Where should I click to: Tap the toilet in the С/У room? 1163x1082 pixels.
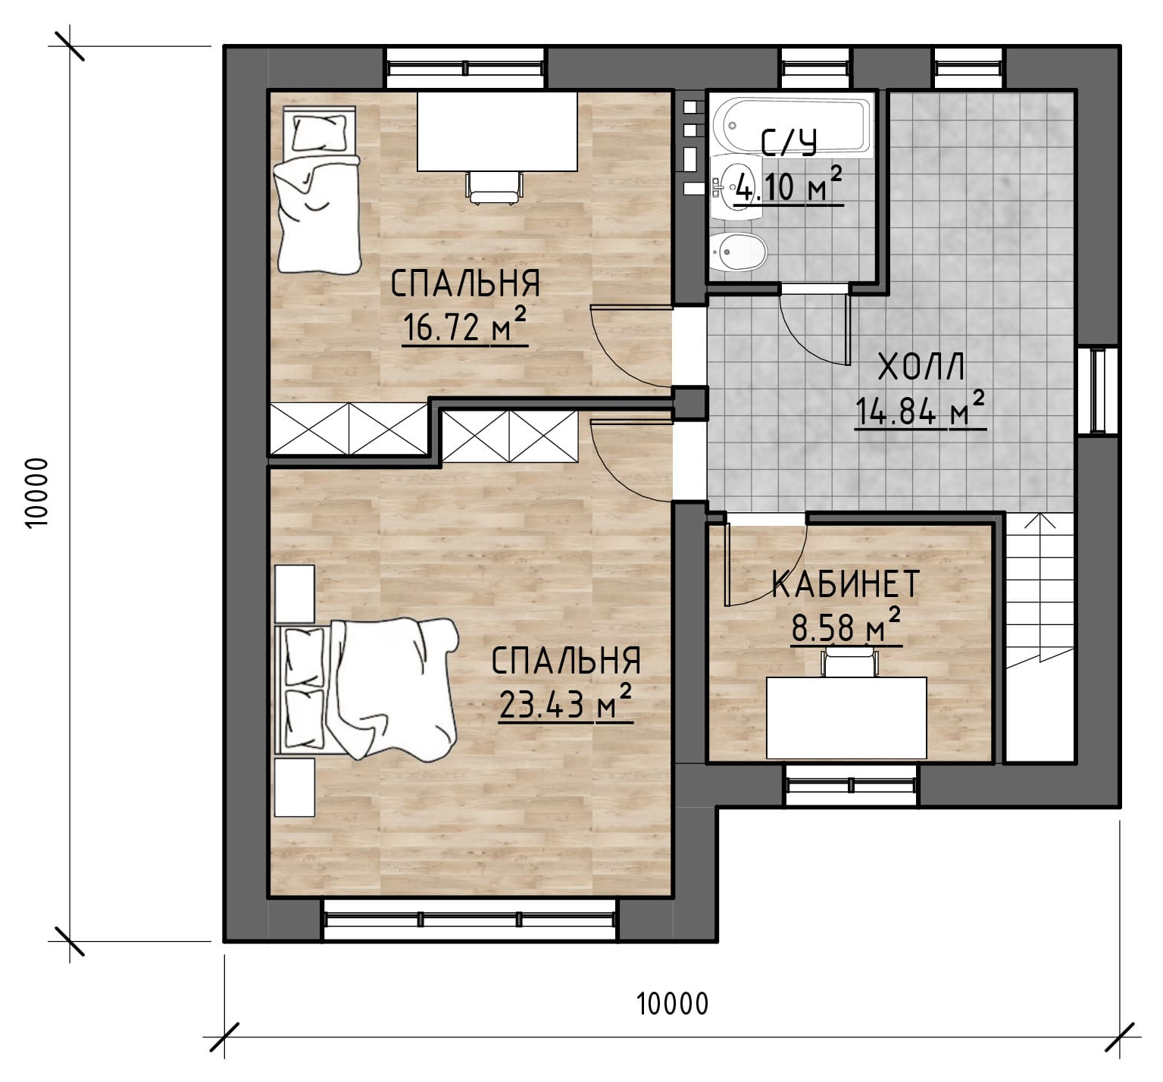click(738, 251)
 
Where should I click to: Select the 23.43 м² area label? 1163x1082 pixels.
click(565, 704)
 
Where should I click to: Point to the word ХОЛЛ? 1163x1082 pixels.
click(921, 367)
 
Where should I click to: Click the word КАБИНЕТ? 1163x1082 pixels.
click(846, 584)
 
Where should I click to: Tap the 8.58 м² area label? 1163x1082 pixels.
click(846, 627)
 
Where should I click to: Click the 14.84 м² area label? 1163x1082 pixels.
click(921, 410)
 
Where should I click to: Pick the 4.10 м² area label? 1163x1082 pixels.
click(788, 186)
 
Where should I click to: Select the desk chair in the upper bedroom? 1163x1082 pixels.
click(495, 187)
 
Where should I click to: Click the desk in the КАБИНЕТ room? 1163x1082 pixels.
click(846, 718)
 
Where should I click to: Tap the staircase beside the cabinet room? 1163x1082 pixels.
click(1040, 636)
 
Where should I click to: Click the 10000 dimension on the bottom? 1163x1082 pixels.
click(673, 1004)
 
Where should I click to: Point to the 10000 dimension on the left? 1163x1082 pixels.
click(36, 493)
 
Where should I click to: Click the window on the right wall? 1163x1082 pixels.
click(1098, 390)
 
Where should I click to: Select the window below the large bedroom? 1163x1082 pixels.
click(470, 919)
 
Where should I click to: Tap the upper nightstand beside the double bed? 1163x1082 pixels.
click(295, 594)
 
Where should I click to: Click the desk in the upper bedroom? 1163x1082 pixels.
click(497, 131)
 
